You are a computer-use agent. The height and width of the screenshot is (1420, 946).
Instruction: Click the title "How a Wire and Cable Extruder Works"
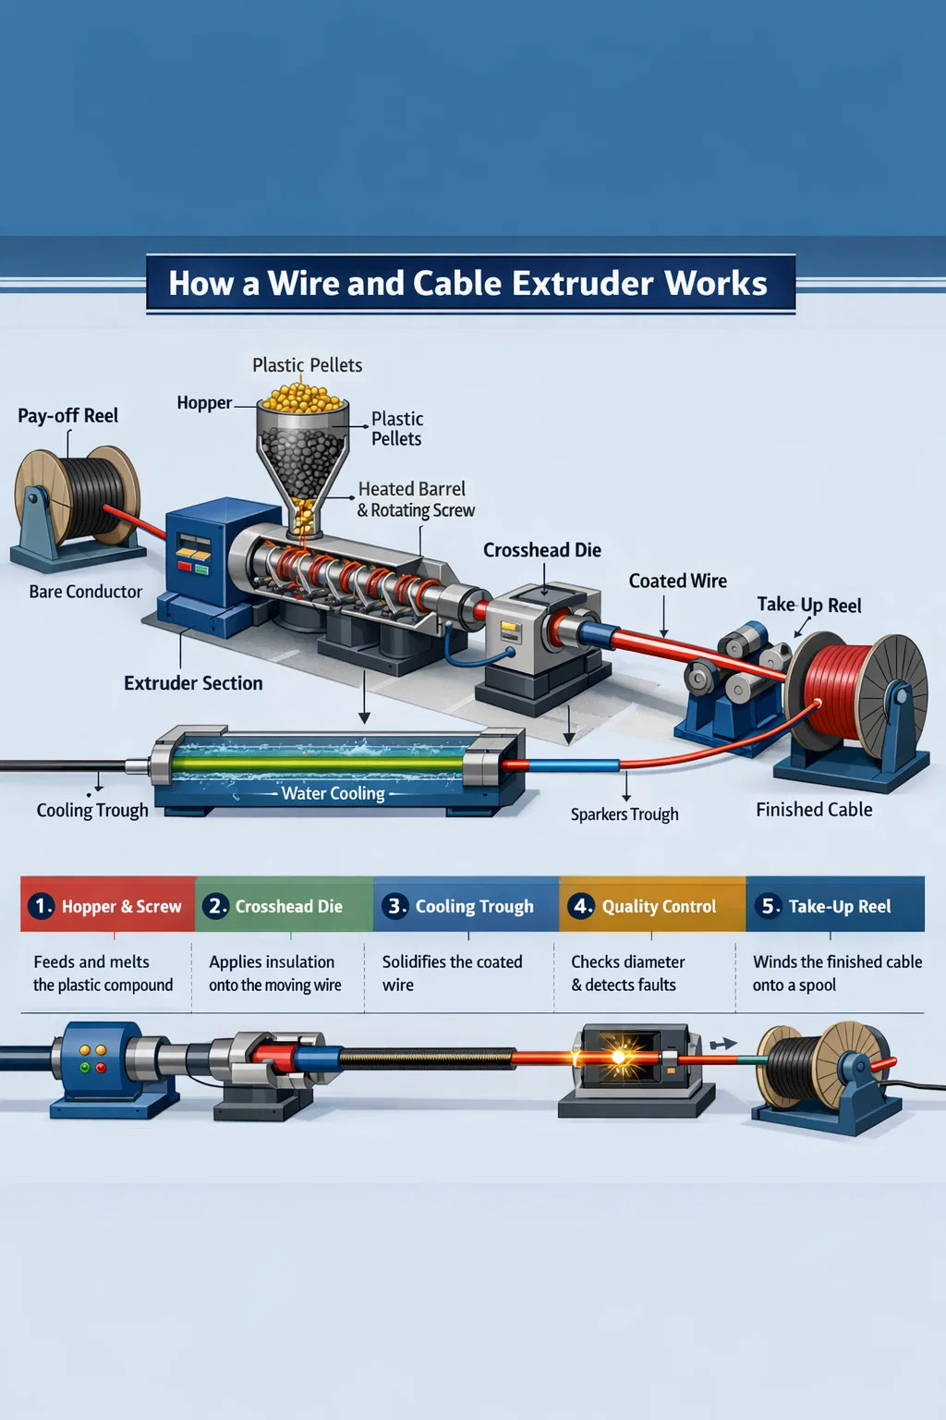(467, 284)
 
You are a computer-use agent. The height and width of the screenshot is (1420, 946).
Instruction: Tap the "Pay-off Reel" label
(68, 416)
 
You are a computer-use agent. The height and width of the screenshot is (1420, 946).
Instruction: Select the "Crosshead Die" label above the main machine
(541, 550)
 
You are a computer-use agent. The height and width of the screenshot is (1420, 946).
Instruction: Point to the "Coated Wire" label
(677, 581)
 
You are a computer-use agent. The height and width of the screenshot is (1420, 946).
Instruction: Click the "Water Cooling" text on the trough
(333, 793)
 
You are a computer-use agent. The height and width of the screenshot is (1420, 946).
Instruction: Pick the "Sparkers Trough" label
(625, 814)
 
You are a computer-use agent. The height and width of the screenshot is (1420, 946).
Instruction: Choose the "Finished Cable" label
(814, 810)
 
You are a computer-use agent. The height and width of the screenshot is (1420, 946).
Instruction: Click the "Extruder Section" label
(193, 683)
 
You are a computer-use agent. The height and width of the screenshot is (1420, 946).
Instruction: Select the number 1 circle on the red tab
(41, 906)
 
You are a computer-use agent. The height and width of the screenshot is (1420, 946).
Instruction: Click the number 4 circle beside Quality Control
(581, 906)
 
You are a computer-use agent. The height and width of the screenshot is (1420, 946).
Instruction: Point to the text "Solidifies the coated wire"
(452, 973)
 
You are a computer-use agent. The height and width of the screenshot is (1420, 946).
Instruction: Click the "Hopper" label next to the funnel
(204, 403)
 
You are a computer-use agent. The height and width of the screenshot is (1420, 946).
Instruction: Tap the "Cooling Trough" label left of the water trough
(92, 811)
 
